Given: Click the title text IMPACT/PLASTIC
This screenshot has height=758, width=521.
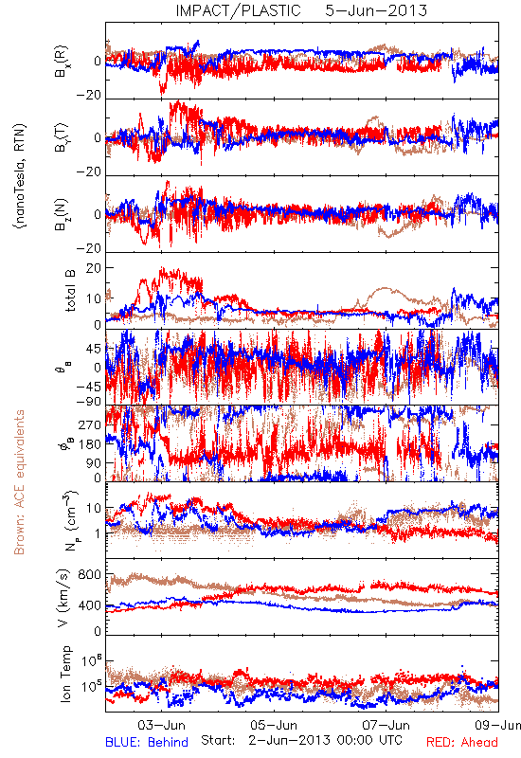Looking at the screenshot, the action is click(238, 10).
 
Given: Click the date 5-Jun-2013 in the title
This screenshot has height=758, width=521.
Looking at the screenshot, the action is click(376, 10).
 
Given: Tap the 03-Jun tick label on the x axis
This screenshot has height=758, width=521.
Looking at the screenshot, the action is click(161, 725).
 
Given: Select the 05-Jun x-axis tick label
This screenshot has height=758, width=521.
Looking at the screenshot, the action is click(274, 725).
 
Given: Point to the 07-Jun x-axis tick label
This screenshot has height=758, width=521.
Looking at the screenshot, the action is click(386, 725).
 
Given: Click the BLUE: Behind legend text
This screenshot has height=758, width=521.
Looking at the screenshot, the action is click(147, 742).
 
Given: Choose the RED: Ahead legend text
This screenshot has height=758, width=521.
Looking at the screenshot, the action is click(461, 742).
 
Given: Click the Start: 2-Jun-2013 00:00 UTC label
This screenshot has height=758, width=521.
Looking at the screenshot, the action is click(301, 740).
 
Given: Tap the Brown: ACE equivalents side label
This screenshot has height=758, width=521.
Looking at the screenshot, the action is click(19, 482).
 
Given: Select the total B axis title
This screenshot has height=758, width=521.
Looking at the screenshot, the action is click(69, 291).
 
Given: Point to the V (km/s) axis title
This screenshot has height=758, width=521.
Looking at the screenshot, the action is click(63, 598).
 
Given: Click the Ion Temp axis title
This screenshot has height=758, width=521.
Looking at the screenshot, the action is click(65, 674).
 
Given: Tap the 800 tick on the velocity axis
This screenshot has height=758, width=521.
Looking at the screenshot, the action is click(90, 575).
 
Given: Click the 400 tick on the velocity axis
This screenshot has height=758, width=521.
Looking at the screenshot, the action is click(90, 605).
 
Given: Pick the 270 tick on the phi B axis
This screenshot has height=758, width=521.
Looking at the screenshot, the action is click(90, 424).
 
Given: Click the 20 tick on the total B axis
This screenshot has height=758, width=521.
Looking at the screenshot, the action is click(94, 268).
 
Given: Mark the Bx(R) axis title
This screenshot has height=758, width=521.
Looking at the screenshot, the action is click(62, 62).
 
